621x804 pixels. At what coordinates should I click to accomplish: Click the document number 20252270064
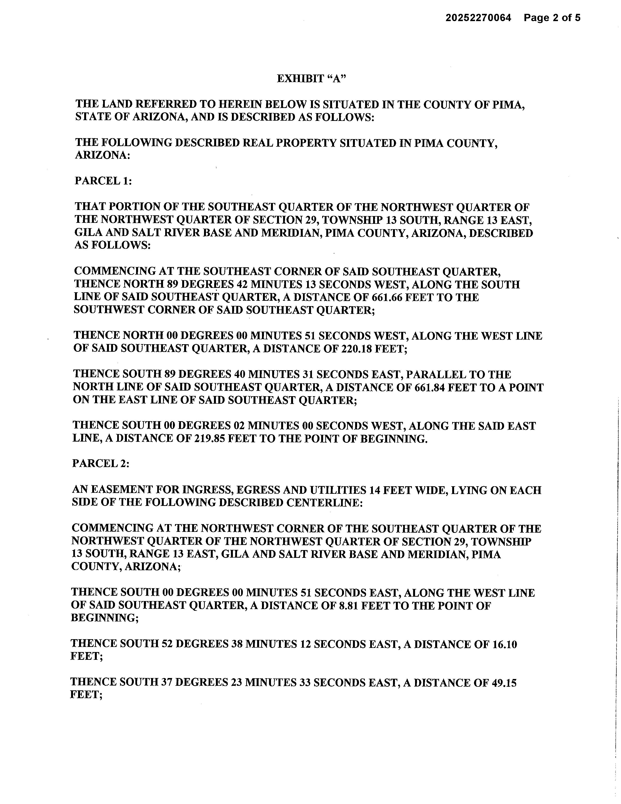[478, 18]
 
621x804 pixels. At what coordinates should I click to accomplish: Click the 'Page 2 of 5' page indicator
[552, 18]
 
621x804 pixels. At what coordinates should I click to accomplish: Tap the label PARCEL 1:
[103, 181]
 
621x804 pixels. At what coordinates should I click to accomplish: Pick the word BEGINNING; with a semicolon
[105, 618]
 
